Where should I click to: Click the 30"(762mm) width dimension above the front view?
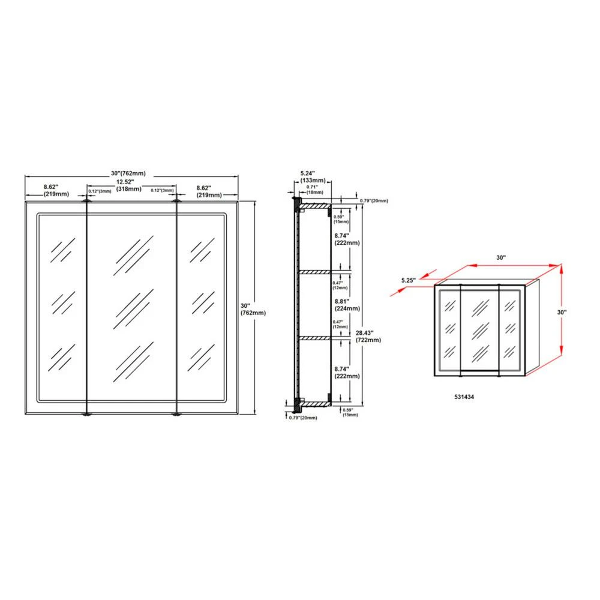point(131,173)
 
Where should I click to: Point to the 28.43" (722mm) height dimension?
point(368,335)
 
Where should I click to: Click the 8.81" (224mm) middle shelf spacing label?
point(348,305)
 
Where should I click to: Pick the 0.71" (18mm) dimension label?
point(313,190)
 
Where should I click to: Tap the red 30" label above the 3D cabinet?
point(500,257)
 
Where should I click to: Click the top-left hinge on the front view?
point(88,202)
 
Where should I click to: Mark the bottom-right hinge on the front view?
point(176,414)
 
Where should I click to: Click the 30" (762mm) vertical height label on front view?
point(253,308)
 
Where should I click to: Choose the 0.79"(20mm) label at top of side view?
point(374,200)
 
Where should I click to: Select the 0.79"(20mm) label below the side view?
point(303,418)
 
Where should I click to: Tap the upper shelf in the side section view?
point(314,272)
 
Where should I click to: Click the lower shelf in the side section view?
point(314,338)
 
